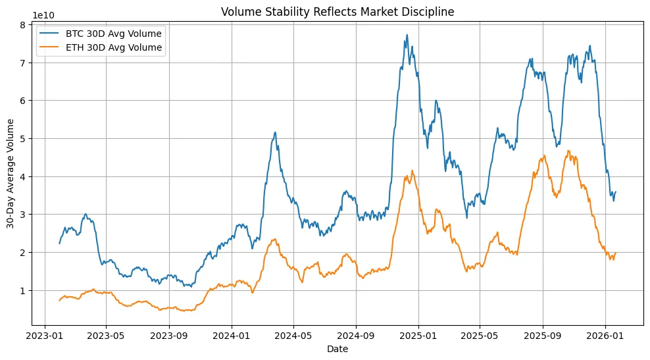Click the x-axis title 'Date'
click(337, 349)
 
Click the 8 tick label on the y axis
click(22, 25)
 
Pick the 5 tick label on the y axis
click(22, 139)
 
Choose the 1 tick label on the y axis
click(22, 290)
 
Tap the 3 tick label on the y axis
click(22, 215)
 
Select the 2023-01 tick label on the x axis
click(44, 335)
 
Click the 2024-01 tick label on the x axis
click(232, 335)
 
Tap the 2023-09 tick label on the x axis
click(169, 335)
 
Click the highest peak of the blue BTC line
click(407, 35)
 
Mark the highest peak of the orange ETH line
click(568, 151)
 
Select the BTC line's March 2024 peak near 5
click(275, 132)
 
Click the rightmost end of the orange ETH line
click(615, 253)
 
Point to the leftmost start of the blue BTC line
click(59, 244)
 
